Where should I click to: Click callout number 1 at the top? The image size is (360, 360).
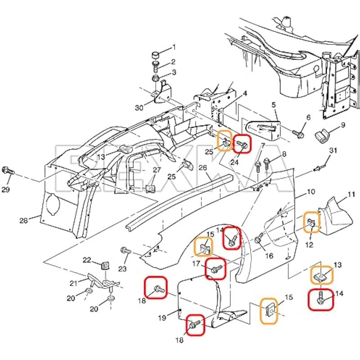click(x=175, y=47)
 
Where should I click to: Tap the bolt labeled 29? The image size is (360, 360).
click(x=9, y=171)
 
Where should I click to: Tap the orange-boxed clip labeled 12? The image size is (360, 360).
click(x=311, y=222)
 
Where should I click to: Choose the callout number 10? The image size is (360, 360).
click(x=310, y=192)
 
